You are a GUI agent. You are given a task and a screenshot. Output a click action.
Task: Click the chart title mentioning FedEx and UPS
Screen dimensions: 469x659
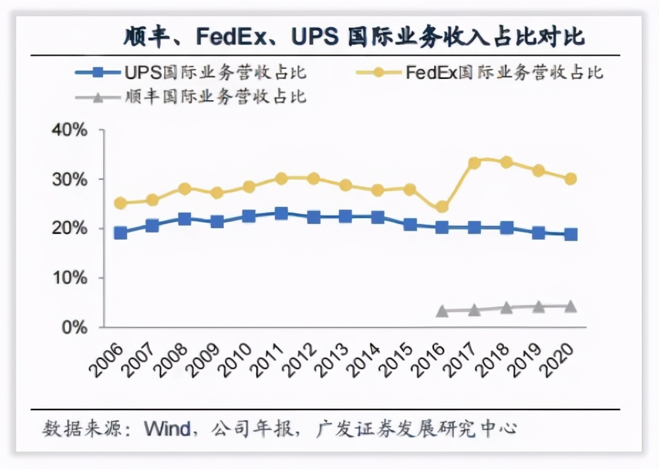click(353, 37)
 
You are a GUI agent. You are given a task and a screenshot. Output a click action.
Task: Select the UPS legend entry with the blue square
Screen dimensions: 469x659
click(191, 73)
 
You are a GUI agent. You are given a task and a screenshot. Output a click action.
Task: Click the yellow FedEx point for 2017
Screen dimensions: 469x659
click(475, 163)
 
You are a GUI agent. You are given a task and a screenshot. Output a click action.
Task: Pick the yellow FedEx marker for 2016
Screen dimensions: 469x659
click(442, 206)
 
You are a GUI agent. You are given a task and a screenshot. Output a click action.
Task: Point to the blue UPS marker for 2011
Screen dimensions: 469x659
click(281, 214)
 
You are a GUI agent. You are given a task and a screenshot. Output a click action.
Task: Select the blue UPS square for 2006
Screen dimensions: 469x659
click(121, 233)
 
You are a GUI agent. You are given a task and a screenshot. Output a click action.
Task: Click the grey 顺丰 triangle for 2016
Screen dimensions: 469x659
click(442, 311)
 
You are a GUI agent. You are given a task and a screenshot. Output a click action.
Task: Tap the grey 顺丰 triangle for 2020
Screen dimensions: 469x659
click(570, 306)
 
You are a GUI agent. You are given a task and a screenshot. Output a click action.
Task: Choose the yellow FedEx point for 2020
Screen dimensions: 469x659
click(570, 179)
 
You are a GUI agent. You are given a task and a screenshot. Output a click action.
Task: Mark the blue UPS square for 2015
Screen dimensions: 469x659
click(410, 224)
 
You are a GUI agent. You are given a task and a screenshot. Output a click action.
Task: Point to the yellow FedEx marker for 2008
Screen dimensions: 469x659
click(184, 188)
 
